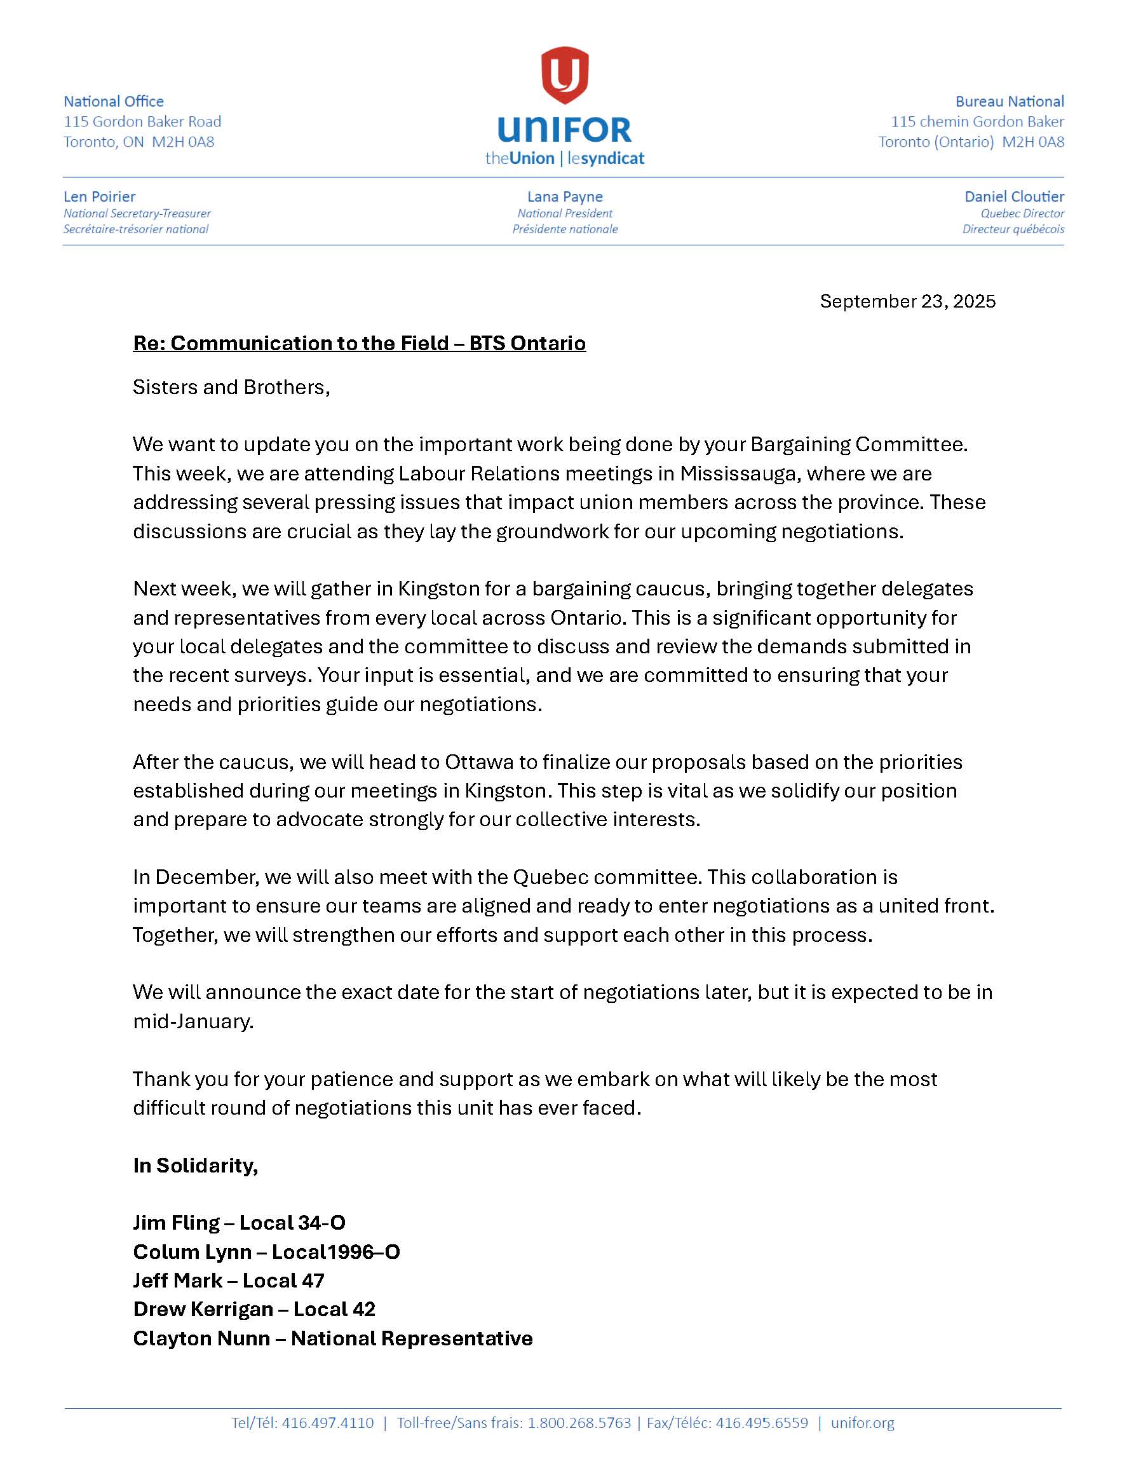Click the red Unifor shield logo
(x=564, y=75)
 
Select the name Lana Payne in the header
(x=564, y=196)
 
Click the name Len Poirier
(x=100, y=196)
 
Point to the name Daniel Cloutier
(x=1013, y=196)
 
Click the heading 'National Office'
(x=114, y=102)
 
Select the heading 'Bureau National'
(x=1009, y=102)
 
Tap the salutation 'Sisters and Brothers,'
(x=231, y=387)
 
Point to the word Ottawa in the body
(x=479, y=762)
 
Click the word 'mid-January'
(x=193, y=1021)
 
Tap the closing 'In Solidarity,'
(x=195, y=1165)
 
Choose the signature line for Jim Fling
(x=239, y=1223)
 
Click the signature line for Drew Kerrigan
(x=254, y=1309)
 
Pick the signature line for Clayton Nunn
(x=332, y=1338)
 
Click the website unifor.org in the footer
(x=862, y=1423)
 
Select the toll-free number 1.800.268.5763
(x=579, y=1423)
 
